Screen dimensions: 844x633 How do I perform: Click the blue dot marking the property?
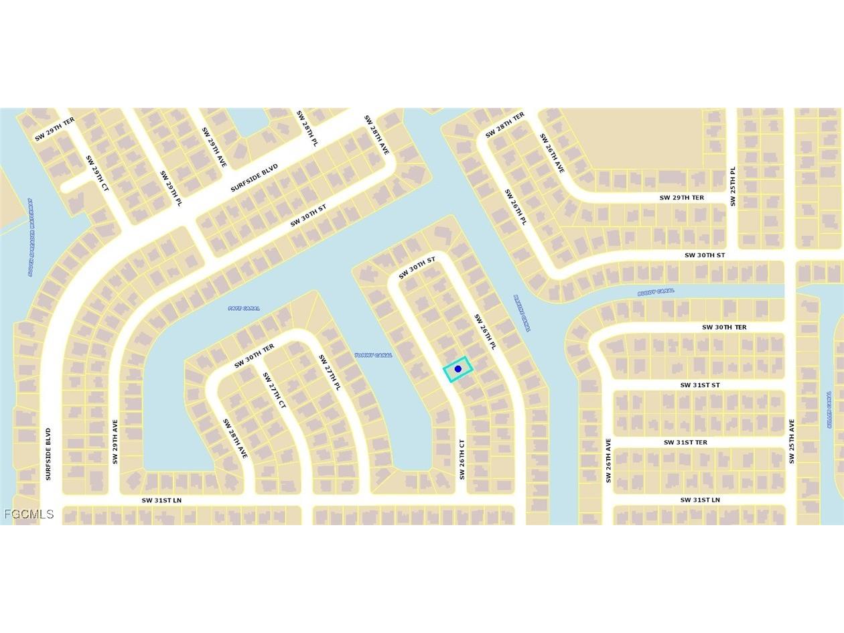tap(458, 369)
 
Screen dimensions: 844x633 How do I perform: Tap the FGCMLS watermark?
tap(29, 514)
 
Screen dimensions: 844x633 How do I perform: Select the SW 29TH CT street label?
tap(97, 173)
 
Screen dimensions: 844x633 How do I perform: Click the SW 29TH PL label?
tap(170, 188)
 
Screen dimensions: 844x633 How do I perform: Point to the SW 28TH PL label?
tap(307, 129)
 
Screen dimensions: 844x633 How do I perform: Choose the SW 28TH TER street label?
tap(505, 125)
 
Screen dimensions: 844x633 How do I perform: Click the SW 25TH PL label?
tap(733, 186)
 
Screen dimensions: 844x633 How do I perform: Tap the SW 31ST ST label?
tap(700, 385)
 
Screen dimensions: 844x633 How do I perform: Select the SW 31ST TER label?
tap(685, 442)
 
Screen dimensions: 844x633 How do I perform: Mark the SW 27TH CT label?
tap(273, 390)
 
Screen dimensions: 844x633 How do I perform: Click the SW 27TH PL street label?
tap(330, 372)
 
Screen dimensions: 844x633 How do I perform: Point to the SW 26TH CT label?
tap(462, 459)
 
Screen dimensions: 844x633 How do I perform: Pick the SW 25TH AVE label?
tap(792, 441)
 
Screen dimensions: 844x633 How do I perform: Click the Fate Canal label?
tap(244, 308)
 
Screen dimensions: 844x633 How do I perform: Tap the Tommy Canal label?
tap(373, 355)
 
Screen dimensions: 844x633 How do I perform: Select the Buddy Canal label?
tap(656, 292)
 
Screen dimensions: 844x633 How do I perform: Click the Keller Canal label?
tap(829, 410)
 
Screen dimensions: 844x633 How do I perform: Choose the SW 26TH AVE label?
tap(608, 460)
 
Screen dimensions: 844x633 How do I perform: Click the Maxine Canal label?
tap(522, 313)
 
